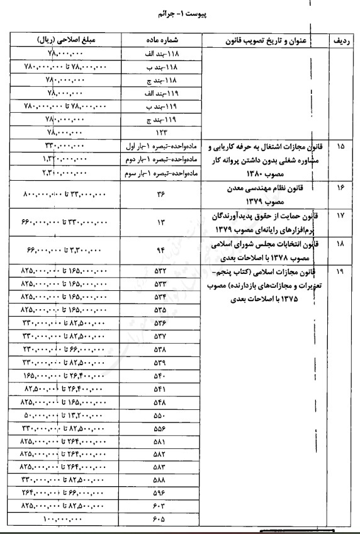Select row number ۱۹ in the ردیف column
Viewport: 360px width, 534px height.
pyautogui.click(x=340, y=256)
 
